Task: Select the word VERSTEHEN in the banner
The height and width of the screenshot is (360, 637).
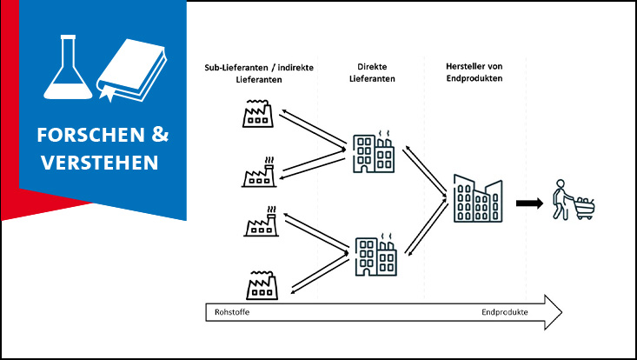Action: tap(96, 162)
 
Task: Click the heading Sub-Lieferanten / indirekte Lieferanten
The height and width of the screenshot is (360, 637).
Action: tap(253, 72)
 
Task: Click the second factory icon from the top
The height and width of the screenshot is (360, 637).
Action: tap(259, 173)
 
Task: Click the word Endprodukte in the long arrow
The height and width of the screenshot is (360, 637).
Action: tap(506, 312)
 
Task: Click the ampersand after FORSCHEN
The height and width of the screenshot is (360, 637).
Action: tap(161, 136)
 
